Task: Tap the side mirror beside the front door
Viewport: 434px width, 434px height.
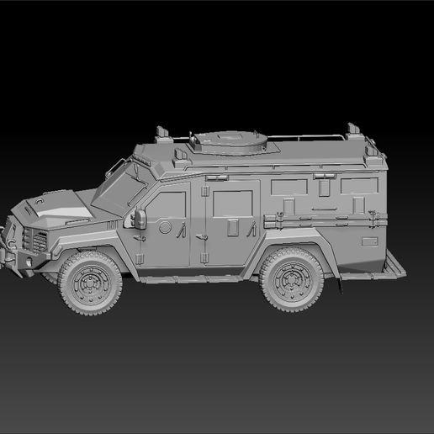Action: pyautogui.click(x=140, y=219)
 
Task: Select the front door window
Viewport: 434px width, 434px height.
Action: pyautogui.click(x=168, y=206)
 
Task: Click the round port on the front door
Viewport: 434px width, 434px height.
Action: pyautogui.click(x=166, y=228)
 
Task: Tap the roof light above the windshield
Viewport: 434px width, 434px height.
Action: pyautogui.click(x=161, y=132)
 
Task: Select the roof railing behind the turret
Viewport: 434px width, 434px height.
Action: pyautogui.click(x=320, y=137)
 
